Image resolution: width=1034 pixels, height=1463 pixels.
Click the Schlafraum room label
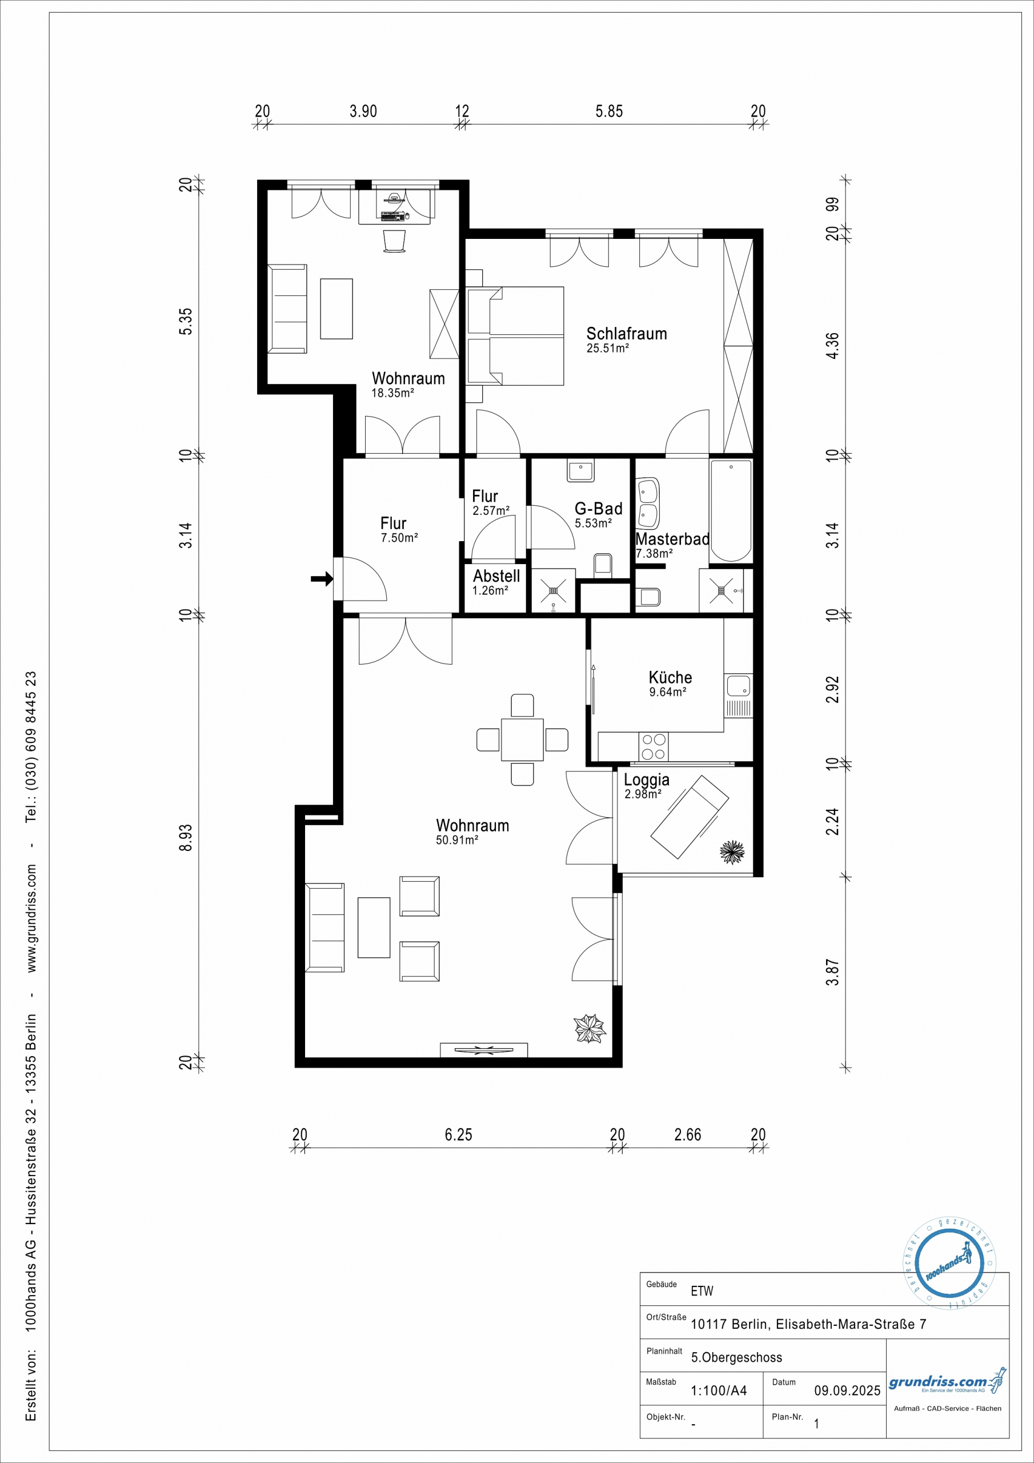[626, 333]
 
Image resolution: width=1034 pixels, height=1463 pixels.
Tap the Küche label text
[670, 677]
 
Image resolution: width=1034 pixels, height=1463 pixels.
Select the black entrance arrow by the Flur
[322, 578]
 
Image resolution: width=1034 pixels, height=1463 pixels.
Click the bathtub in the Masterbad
[731, 510]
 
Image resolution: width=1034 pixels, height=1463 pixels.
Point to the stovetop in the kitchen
[654, 746]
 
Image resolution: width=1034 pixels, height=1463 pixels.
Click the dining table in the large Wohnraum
[522, 739]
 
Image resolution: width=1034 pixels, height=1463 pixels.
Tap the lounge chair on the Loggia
[690, 816]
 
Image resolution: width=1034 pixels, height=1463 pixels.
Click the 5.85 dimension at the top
[609, 111]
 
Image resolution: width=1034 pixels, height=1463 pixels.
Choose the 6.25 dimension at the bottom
[459, 1135]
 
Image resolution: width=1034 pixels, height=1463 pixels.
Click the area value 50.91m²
[458, 840]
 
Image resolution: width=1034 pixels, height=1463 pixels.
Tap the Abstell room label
[496, 576]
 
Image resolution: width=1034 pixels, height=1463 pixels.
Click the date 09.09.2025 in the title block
[847, 1390]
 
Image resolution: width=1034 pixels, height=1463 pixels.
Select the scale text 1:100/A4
[719, 1390]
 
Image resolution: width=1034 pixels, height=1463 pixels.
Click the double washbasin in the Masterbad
[648, 503]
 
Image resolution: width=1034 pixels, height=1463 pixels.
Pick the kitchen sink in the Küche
[739, 686]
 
